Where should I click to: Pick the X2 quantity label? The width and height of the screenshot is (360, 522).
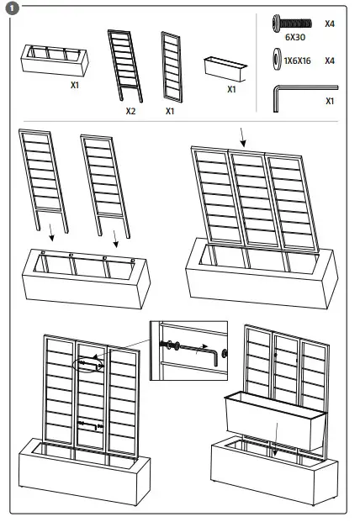(130, 110)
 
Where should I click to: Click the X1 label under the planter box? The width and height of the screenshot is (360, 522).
(75, 85)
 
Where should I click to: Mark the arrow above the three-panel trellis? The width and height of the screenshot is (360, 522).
(243, 135)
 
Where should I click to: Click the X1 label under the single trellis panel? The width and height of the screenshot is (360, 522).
(170, 110)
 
